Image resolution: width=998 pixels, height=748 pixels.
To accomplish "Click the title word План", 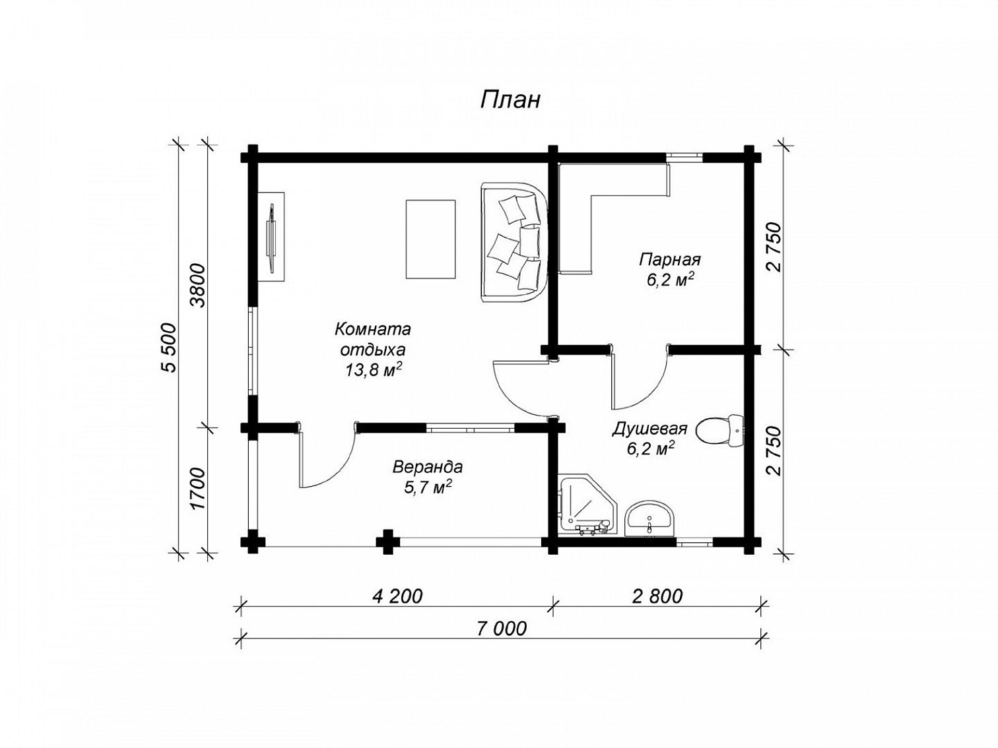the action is (x=510, y=100).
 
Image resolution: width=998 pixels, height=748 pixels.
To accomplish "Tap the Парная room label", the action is (x=670, y=259).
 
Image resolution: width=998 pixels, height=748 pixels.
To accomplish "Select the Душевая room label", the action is (x=649, y=429).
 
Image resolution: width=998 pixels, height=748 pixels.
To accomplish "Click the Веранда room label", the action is (x=428, y=466).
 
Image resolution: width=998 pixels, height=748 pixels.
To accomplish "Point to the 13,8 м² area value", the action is (x=373, y=371).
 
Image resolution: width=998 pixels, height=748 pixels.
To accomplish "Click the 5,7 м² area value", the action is (x=428, y=487).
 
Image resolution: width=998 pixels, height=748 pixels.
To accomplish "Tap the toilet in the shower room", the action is (x=720, y=430).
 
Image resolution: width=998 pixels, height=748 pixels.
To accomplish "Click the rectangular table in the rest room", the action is (x=430, y=239).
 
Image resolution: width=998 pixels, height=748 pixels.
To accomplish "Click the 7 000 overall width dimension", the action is (x=502, y=629).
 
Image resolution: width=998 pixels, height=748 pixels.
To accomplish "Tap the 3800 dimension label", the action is (x=199, y=286).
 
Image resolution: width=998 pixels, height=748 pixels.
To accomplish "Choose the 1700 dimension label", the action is (x=199, y=489).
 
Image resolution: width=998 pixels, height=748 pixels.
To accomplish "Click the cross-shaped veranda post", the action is (x=387, y=542).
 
